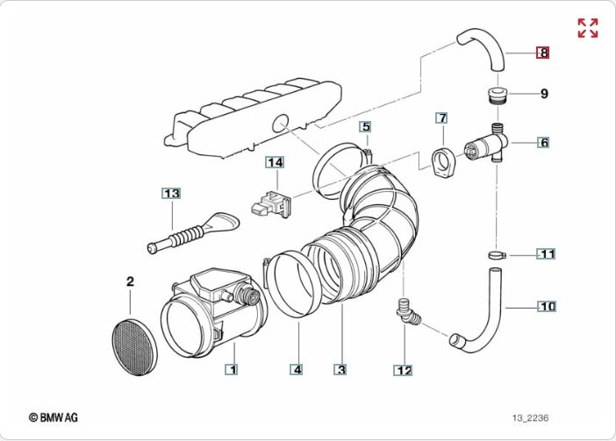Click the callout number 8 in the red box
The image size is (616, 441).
[544, 53]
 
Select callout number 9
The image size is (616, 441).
[544, 93]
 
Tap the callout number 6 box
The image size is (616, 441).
[544, 142]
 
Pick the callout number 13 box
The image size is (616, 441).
[170, 193]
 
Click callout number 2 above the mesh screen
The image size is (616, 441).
[130, 281]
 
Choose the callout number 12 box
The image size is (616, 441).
[403, 370]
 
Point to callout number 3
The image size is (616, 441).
[340, 370]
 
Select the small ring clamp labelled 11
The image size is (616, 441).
[498, 255]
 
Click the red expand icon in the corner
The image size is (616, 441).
[587, 27]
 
